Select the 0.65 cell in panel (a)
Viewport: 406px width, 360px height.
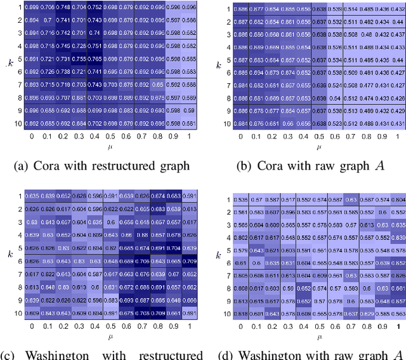[157, 84]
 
